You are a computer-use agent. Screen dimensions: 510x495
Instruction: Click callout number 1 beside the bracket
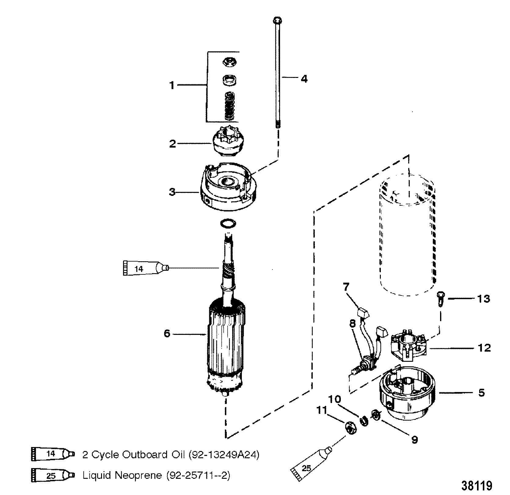tap(172, 85)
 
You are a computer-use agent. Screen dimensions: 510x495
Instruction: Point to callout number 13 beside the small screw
tap(483, 298)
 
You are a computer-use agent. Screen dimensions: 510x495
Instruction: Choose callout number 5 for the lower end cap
tap(481, 392)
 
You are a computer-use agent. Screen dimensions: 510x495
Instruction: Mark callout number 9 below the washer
tap(414, 440)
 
